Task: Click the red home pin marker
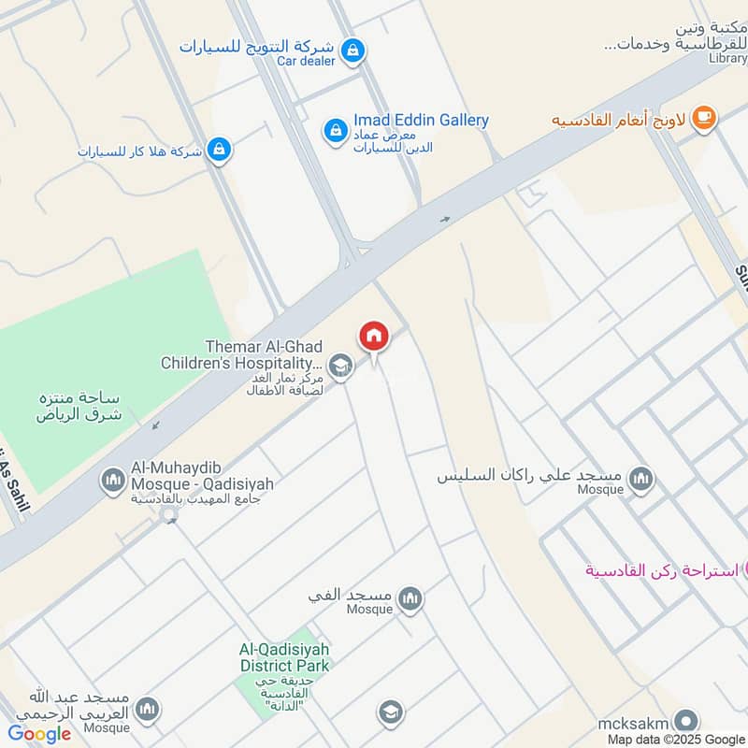click(374, 337)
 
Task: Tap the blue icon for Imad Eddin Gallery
click(336, 131)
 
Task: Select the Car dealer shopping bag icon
click(352, 50)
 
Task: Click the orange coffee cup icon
click(703, 119)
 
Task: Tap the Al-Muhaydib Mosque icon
click(113, 481)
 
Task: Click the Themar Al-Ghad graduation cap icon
click(341, 367)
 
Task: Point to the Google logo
click(39, 734)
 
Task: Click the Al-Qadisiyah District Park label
click(284, 657)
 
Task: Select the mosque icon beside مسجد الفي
click(410, 598)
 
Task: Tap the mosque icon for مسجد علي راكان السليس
click(640, 481)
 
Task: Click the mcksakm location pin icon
click(685, 721)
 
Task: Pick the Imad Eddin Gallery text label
click(421, 121)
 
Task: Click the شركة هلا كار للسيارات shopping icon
click(218, 150)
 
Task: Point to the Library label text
click(727, 58)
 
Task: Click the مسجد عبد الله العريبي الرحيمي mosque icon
click(147, 711)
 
